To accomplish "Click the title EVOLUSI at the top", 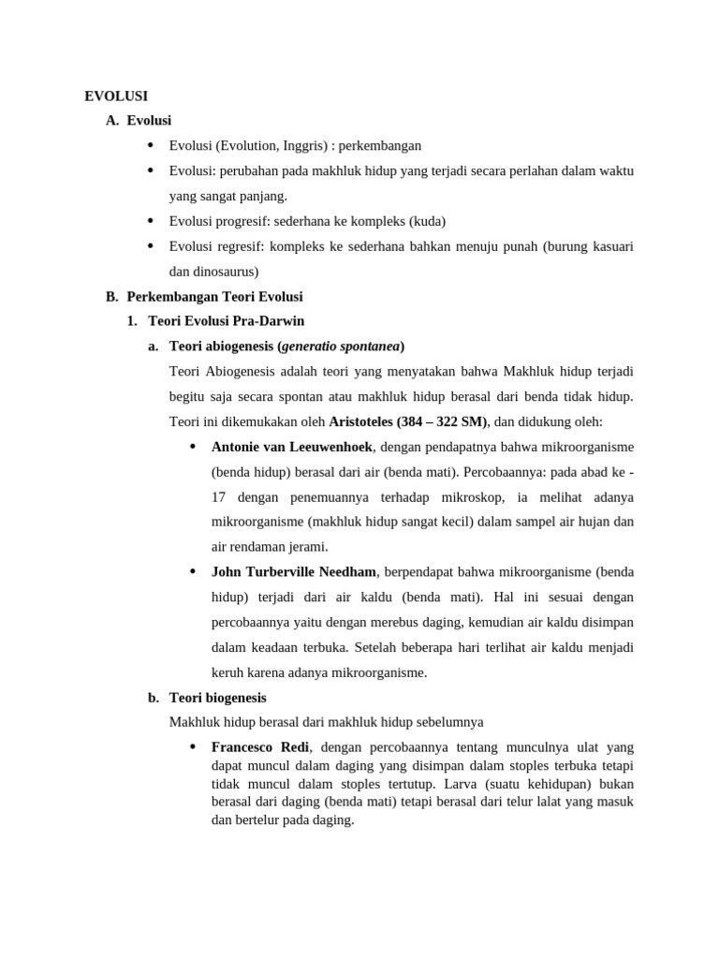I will tap(116, 96).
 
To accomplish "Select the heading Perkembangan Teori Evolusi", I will tap(214, 297).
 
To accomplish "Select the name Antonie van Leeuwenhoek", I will tap(292, 447).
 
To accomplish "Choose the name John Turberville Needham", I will tap(294, 572).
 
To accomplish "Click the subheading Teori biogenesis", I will tap(217, 698).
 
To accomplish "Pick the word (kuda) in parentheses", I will tap(430, 221).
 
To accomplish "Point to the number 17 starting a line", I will tap(220, 497).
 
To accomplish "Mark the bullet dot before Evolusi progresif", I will tap(151, 221).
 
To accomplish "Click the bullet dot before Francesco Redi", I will tap(193, 747).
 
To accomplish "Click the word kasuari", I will tap(610, 246).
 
